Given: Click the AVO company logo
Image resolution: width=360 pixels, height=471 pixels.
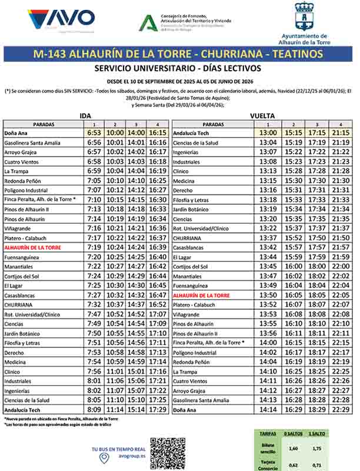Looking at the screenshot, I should (x=61, y=19).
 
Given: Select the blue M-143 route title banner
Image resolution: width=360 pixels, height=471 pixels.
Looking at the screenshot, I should (x=179, y=54).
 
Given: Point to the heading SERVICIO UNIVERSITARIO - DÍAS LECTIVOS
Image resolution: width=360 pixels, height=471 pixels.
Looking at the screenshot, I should (x=179, y=68).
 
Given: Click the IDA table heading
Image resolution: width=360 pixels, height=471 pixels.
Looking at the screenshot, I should (x=85, y=115).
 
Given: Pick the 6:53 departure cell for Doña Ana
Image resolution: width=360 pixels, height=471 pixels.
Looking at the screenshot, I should (x=93, y=133).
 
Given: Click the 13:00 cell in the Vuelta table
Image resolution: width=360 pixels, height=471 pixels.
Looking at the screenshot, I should (x=268, y=133).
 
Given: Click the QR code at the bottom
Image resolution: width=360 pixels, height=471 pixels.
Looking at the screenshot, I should (x=167, y=454).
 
